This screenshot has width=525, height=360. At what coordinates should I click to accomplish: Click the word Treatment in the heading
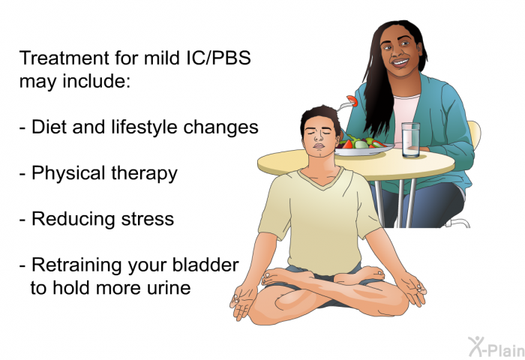click(64, 58)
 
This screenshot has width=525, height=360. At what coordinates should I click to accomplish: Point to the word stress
click(148, 219)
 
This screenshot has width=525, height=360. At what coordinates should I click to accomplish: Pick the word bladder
click(205, 265)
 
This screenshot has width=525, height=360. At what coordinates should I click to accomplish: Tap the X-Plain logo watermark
click(496, 347)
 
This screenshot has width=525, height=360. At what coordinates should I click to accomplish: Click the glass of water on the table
click(410, 139)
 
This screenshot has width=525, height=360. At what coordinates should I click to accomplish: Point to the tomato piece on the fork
click(352, 100)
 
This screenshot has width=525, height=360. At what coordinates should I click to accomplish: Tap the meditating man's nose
click(319, 137)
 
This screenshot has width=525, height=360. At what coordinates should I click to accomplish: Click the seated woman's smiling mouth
click(400, 62)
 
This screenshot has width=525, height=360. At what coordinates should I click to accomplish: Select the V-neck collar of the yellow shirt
click(321, 178)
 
